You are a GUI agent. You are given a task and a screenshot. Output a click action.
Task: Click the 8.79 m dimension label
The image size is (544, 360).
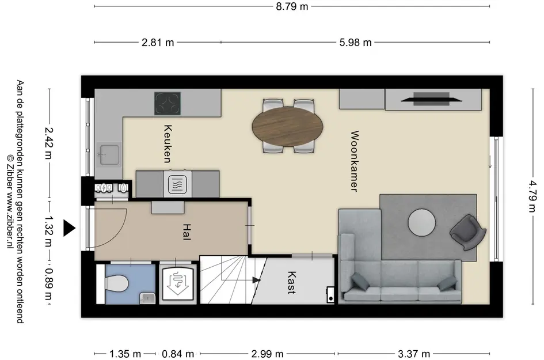(x=292, y=6)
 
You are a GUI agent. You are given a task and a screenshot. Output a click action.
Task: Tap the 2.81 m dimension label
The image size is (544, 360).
(x=158, y=43)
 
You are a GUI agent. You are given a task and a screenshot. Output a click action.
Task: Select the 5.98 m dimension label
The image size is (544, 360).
(x=355, y=43)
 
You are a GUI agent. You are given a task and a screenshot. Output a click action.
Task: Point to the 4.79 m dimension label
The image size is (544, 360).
(x=532, y=196)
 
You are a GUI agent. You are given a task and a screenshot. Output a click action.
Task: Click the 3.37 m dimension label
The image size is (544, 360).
(x=413, y=354)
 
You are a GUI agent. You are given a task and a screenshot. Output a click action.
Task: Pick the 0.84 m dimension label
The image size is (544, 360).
(x=178, y=354)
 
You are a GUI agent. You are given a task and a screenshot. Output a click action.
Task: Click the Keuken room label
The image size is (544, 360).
(x=168, y=144)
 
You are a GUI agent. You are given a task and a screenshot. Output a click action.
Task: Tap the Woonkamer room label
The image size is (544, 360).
(x=354, y=161)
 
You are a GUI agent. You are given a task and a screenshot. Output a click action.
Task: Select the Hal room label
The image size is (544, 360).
(x=187, y=232)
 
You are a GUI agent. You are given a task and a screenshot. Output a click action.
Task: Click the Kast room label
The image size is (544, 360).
(x=292, y=283)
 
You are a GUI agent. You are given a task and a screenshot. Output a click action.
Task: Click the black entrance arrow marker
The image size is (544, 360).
(x=69, y=228)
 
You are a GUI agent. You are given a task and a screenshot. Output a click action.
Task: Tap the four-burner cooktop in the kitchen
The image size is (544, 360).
(x=168, y=104)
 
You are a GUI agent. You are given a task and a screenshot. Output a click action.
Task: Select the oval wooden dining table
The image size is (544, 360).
(x=287, y=126)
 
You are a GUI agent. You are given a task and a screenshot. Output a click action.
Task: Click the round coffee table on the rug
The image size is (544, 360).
(x=421, y=222)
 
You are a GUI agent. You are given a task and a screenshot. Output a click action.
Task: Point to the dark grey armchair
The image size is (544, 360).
(x=467, y=232)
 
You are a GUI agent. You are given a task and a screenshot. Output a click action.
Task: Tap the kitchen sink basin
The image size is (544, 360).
(x=109, y=154)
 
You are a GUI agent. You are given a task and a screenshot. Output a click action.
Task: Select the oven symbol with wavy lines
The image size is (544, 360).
(x=178, y=184)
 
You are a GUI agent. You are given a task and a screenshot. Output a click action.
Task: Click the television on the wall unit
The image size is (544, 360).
(x=431, y=99)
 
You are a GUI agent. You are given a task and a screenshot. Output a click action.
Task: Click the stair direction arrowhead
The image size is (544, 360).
(x=257, y=280)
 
